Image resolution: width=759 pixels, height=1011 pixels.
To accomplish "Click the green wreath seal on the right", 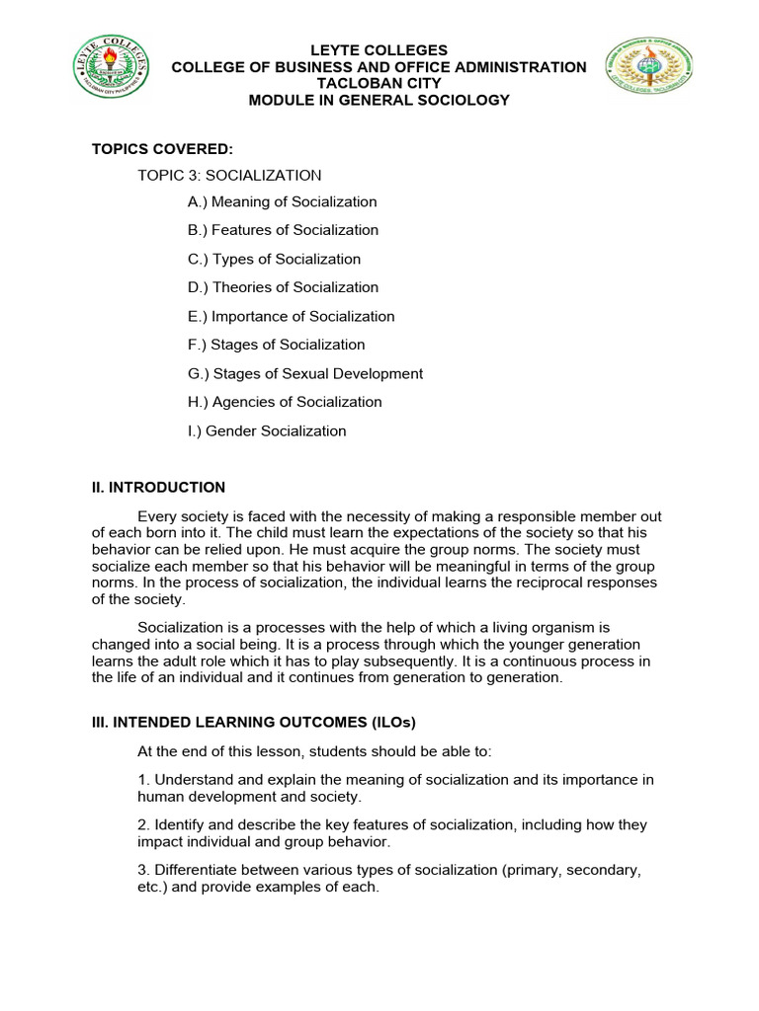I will click(650, 76).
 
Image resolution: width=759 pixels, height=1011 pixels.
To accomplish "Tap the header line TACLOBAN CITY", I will click(379, 84).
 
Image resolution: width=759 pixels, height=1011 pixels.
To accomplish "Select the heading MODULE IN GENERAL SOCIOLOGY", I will click(379, 101).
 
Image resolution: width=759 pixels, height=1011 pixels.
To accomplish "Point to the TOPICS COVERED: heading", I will click(162, 149).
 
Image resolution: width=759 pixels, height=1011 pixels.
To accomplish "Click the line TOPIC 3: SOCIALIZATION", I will click(229, 176).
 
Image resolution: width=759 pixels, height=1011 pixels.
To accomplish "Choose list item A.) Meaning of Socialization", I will click(282, 202).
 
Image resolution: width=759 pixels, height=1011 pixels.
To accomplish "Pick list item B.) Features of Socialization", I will click(283, 230).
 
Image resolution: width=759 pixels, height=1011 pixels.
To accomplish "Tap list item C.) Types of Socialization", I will click(274, 260).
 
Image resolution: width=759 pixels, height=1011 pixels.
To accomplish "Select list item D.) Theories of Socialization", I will click(283, 287).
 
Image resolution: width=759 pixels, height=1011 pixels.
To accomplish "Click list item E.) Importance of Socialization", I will click(291, 317).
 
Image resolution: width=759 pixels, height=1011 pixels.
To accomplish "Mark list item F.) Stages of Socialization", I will click(276, 345).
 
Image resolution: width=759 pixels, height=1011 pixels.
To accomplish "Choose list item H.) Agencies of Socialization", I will click(285, 402).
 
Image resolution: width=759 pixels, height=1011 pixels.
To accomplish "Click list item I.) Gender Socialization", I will click(267, 431).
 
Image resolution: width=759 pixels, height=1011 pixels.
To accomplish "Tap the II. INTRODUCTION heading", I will click(158, 488).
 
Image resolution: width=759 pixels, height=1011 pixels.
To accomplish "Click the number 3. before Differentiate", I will click(143, 870).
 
